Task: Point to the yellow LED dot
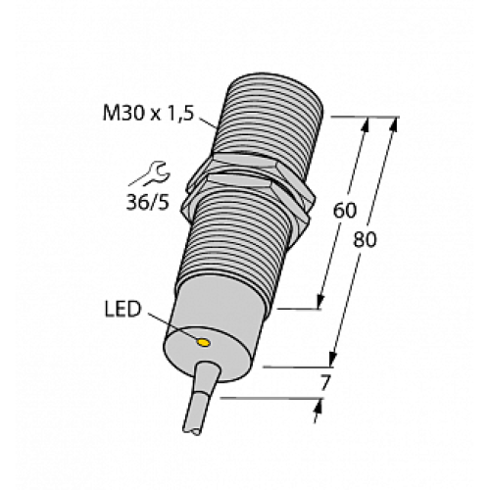click(203, 343)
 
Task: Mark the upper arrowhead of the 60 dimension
click(367, 125)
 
